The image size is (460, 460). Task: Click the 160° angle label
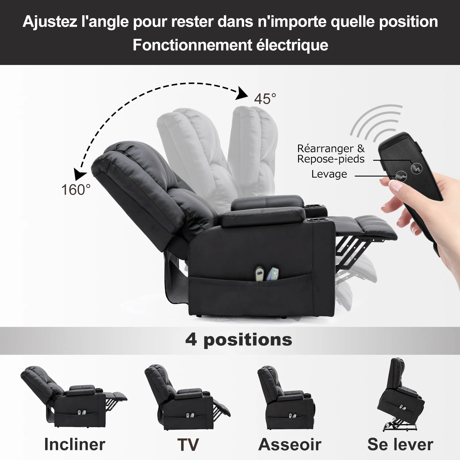76,190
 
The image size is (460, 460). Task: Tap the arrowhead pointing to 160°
80,174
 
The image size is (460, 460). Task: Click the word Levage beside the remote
329,174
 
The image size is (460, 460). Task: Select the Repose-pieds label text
331,159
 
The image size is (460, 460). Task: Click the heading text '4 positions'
239,340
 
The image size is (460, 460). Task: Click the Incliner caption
75,444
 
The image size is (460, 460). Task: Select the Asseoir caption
290,444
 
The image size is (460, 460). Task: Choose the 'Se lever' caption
400,444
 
